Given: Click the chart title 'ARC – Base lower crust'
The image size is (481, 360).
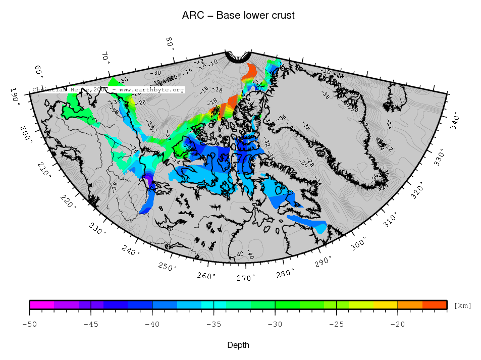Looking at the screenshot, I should (238, 16).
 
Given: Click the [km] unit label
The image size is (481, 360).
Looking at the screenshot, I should (463, 305).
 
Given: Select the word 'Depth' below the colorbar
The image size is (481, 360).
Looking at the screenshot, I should (238, 345).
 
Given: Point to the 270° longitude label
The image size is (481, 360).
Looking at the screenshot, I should (246, 278).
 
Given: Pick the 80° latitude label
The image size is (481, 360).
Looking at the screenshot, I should (171, 43).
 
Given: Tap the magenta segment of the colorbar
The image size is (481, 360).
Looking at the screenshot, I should (42, 304).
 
